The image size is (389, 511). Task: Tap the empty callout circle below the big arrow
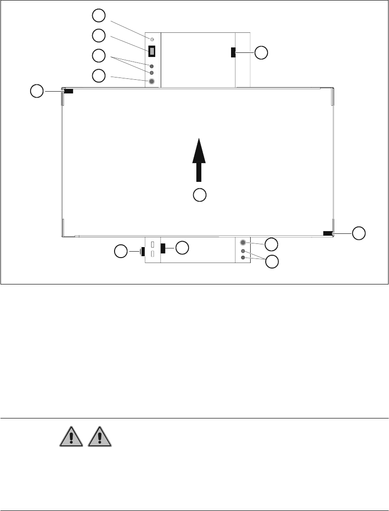pyautogui.click(x=199, y=195)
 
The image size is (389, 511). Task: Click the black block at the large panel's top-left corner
pyautogui.click(x=68, y=91)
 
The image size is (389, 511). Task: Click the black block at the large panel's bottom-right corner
pyautogui.click(x=327, y=233)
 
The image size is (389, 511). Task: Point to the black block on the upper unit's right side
pyautogui.click(x=233, y=52)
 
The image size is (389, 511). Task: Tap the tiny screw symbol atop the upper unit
pyautogui.click(x=152, y=40)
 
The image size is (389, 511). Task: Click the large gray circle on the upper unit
pyautogui.click(x=152, y=82)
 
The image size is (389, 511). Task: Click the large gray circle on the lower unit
pyautogui.click(x=243, y=243)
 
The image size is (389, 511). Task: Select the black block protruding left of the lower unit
pyautogui.click(x=142, y=251)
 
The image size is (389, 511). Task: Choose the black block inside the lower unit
pyautogui.click(x=163, y=248)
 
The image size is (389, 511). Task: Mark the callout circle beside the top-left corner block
pyautogui.click(x=37, y=91)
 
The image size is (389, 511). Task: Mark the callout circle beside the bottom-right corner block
pyautogui.click(x=359, y=233)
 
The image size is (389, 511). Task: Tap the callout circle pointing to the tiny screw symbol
pyautogui.click(x=98, y=16)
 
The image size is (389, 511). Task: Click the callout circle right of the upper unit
pyautogui.click(x=261, y=53)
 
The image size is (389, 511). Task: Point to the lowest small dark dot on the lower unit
pyautogui.click(x=243, y=258)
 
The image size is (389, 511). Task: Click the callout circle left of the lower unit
pyautogui.click(x=121, y=251)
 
